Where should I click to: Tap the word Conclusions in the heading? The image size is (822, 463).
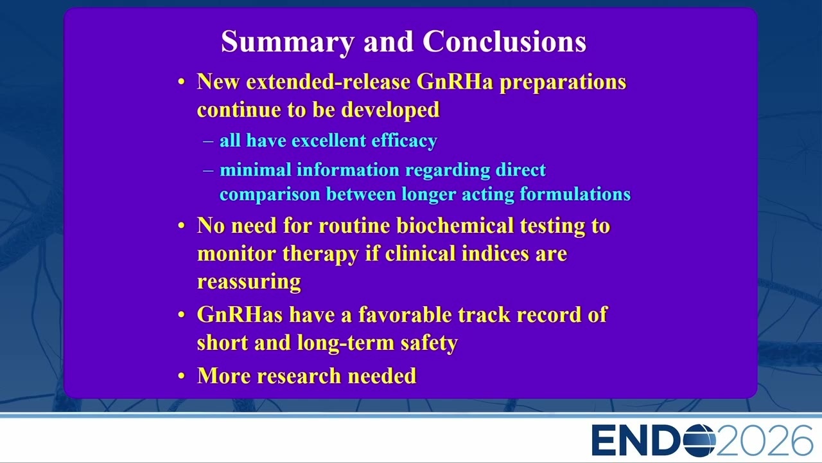pyautogui.click(x=505, y=41)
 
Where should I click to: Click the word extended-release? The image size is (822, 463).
pyautogui.click(x=328, y=81)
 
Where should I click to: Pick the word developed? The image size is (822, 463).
pyautogui.click(x=390, y=110)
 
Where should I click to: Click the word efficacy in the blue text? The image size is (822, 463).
pyautogui.click(x=405, y=141)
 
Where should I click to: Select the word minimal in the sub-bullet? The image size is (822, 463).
pyautogui.click(x=256, y=170)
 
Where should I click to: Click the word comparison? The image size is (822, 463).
pyautogui.click(x=270, y=195)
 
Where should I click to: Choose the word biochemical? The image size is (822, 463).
pyautogui.click(x=455, y=225)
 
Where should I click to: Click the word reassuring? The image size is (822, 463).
pyautogui.click(x=249, y=282)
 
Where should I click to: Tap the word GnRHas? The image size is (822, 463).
pyautogui.click(x=240, y=314)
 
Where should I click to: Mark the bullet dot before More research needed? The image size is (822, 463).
pyautogui.click(x=181, y=376)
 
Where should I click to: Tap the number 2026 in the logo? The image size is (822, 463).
pyautogui.click(x=765, y=440)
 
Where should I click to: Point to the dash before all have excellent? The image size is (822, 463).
pyautogui.click(x=208, y=141)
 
